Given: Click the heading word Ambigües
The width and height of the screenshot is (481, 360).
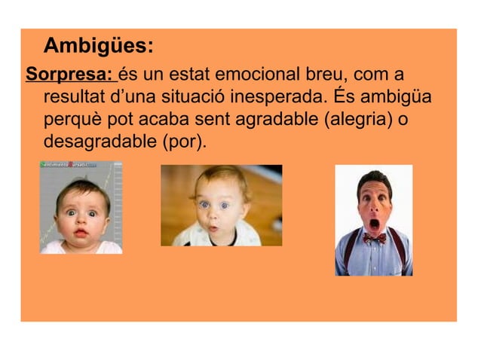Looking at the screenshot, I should (99, 47).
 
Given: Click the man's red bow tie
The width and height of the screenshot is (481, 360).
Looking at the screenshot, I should (374, 238).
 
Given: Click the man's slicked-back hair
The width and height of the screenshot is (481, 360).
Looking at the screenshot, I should (373, 179).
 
